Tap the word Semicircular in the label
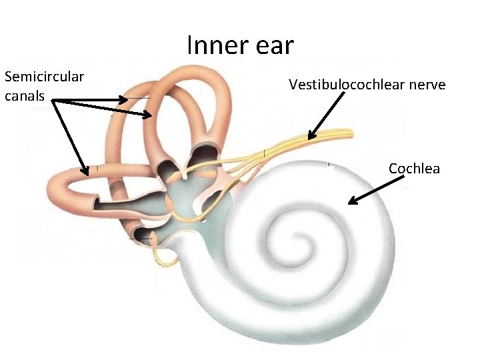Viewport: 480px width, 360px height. click(x=44, y=77)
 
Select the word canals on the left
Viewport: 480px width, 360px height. click(x=25, y=96)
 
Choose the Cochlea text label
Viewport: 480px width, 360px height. click(x=414, y=169)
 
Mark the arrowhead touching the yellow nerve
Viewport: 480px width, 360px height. click(x=311, y=137)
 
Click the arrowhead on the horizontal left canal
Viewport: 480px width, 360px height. click(x=86, y=173)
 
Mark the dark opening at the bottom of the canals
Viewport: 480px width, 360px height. click(x=142, y=235)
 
